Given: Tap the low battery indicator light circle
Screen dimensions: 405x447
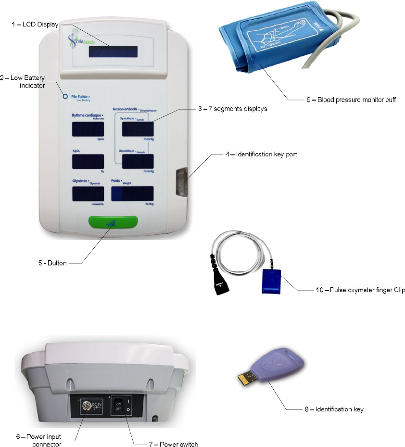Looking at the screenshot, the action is click(x=65, y=96).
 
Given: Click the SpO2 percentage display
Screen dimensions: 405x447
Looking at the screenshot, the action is click(x=88, y=162).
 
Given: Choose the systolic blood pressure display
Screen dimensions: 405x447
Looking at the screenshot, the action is click(x=138, y=129).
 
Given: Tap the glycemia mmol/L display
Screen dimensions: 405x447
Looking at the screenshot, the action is click(x=88, y=194).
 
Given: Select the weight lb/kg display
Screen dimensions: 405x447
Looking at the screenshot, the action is click(x=132, y=194).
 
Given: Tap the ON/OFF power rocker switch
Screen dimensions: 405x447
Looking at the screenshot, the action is click(x=117, y=406).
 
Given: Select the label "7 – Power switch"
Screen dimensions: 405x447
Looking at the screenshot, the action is click(x=173, y=444).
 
